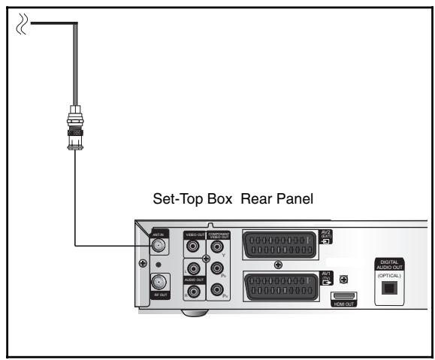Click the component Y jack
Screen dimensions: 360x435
coord(217,245)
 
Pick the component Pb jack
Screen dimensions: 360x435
coord(217,267)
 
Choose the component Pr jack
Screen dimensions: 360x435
coord(217,289)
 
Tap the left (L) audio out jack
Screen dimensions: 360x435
coord(192,267)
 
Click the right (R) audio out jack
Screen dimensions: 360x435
coord(192,290)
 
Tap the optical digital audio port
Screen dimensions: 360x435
coord(388,287)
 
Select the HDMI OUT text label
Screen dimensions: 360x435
coord(344,304)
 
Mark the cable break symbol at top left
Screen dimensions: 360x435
coord(22,26)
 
